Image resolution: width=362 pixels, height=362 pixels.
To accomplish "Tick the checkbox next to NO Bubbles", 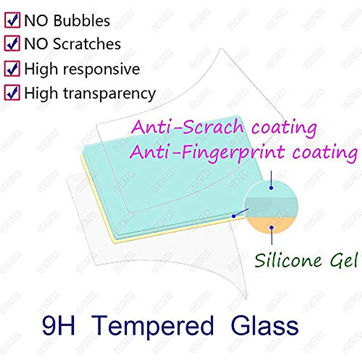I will point(12,20).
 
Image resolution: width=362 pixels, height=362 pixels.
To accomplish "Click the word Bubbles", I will point(82,21).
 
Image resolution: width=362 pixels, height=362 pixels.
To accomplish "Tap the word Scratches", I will point(87,44).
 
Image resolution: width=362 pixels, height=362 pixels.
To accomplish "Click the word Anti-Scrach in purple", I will point(187,127).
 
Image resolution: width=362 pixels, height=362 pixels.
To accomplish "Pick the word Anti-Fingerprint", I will point(207,152).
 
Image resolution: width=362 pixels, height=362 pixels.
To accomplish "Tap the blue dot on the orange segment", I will point(272,227).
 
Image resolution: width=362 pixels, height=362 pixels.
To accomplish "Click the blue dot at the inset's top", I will point(271,188).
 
